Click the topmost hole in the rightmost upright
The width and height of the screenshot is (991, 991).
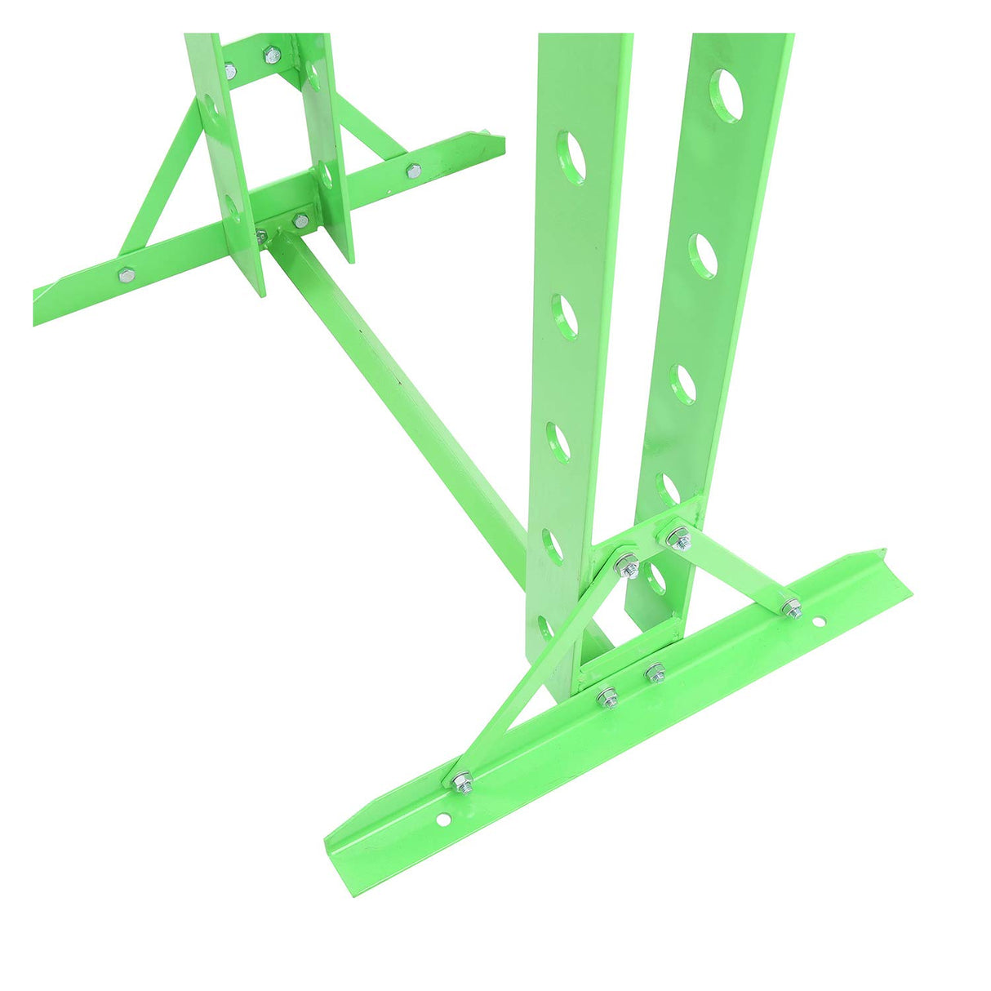pyautogui.click(x=727, y=96)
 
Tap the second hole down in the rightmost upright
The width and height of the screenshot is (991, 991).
pyautogui.click(x=703, y=256)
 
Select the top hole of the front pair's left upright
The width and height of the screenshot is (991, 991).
pyautogui.click(x=572, y=155)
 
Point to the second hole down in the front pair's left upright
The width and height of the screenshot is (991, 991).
pyautogui.click(x=565, y=317)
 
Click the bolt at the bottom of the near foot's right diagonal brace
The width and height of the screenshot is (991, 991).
pyautogui.click(x=790, y=607)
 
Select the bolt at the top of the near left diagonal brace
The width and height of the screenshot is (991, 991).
pyautogui.click(x=627, y=564)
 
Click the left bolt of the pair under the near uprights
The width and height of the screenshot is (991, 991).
pyautogui.click(x=607, y=698)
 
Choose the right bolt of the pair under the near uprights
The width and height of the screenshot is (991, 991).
pyautogui.click(x=654, y=673)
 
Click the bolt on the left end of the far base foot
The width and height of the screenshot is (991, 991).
pyautogui.click(x=126, y=274)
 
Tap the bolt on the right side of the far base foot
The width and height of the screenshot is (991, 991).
pyautogui.click(x=413, y=171)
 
